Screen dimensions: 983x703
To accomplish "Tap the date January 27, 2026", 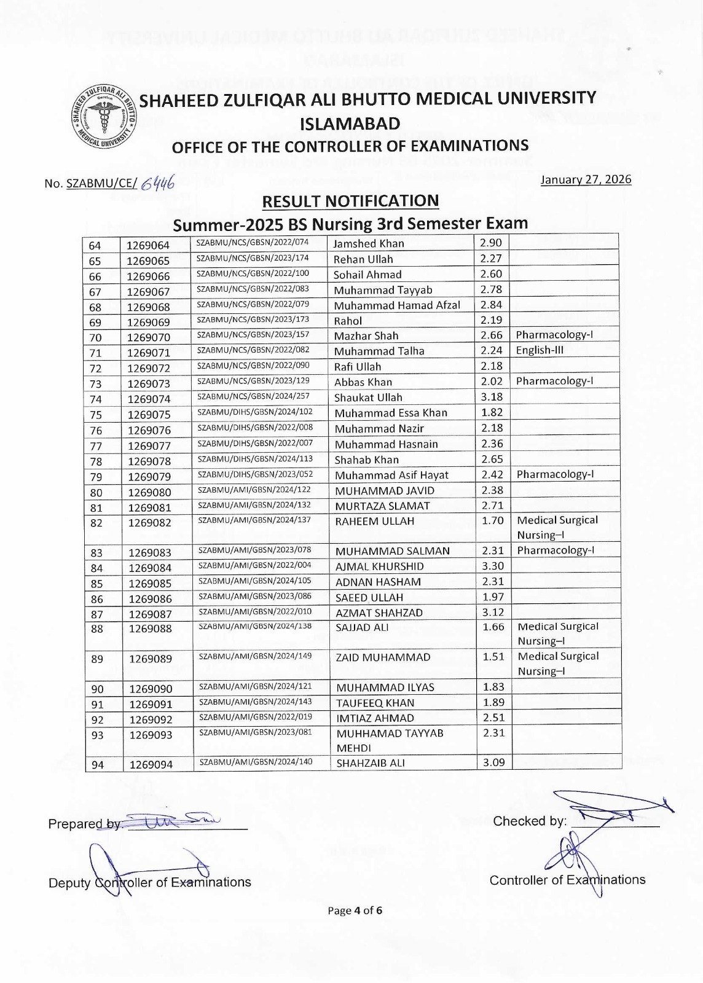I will (586, 179).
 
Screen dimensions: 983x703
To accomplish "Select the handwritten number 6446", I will (157, 182).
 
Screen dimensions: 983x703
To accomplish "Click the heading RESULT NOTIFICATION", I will (350, 202).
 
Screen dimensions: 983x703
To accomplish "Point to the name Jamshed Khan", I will (369, 243).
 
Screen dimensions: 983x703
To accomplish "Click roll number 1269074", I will (149, 399).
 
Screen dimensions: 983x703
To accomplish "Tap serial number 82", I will (96, 523).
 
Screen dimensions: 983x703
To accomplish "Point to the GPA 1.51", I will (493, 656).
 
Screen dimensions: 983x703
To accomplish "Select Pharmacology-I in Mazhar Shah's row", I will (554, 335).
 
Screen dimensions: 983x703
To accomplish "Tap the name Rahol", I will (348, 321).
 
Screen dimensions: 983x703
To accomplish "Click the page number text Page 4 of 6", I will (355, 911).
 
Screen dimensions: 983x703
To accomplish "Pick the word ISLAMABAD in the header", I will (350, 123).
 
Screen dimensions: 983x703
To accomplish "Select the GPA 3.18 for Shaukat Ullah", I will (492, 397).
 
